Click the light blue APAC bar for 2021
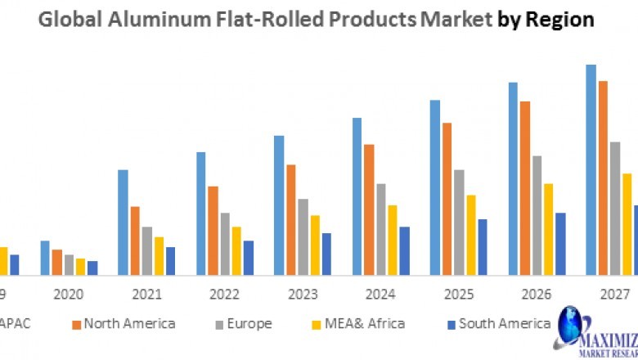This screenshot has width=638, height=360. (123, 222)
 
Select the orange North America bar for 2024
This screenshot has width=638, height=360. (369, 209)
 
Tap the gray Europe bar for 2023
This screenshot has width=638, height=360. (303, 236)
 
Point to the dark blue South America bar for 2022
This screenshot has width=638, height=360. (249, 258)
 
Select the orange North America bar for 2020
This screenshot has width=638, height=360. (56, 262)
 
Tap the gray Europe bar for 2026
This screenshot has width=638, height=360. (537, 215)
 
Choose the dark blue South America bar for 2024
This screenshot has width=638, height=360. (404, 250)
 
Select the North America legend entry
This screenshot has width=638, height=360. (124, 324)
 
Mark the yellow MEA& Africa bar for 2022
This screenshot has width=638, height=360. (236, 250)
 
